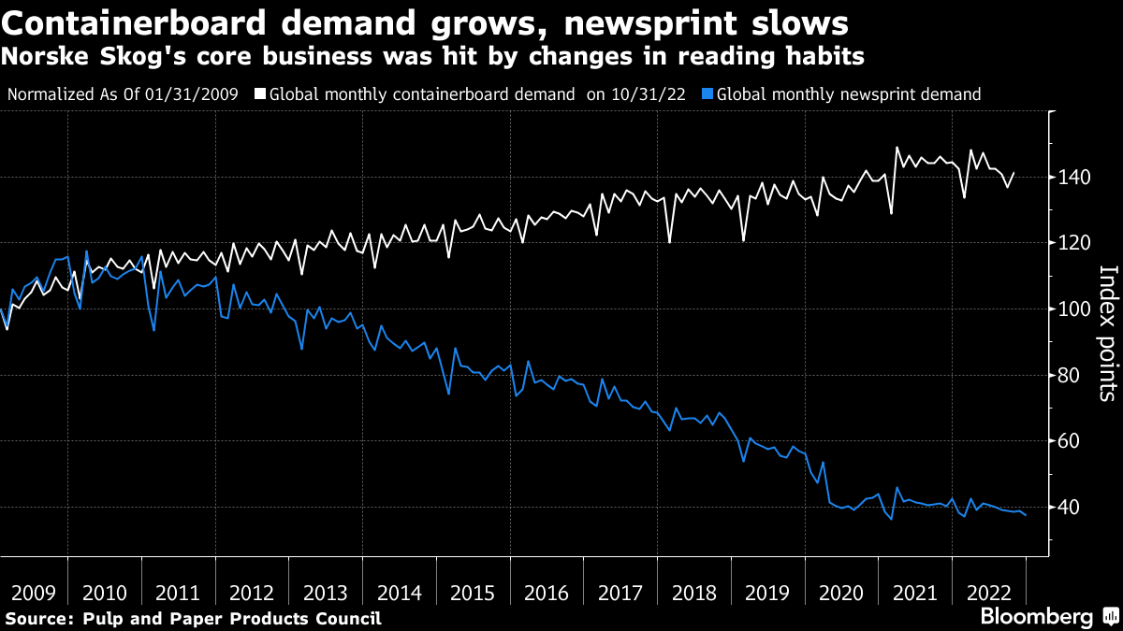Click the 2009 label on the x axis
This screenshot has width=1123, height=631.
pyautogui.click(x=33, y=592)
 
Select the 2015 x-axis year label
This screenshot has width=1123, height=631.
pyautogui.click(x=472, y=592)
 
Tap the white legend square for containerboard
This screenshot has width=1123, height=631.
pyautogui.click(x=260, y=94)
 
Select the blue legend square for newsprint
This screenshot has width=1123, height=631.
pyautogui.click(x=707, y=94)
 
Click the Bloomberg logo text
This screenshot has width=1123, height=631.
pyautogui.click(x=1036, y=617)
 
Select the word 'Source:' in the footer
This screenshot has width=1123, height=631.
pyautogui.click(x=39, y=618)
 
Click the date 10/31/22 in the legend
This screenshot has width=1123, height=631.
pyautogui.click(x=654, y=94)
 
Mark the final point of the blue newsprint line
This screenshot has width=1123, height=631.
pyautogui.click(x=1026, y=515)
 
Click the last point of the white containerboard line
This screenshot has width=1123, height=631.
pyautogui.click(x=1014, y=173)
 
